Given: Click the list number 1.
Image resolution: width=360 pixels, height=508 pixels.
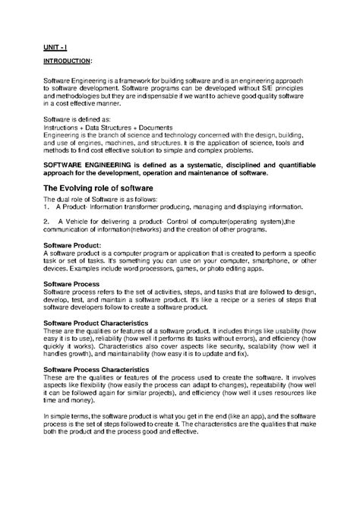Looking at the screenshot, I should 46,206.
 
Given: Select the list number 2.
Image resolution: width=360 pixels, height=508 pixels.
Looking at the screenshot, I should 46,221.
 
